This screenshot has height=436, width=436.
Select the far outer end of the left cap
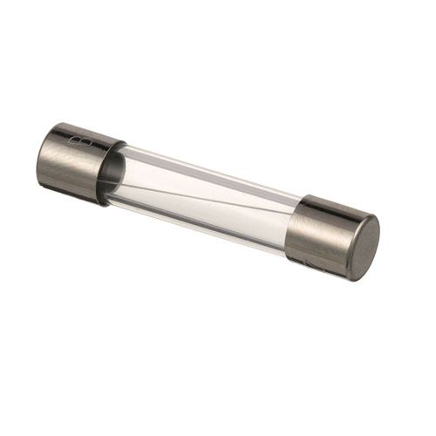[42, 157]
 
